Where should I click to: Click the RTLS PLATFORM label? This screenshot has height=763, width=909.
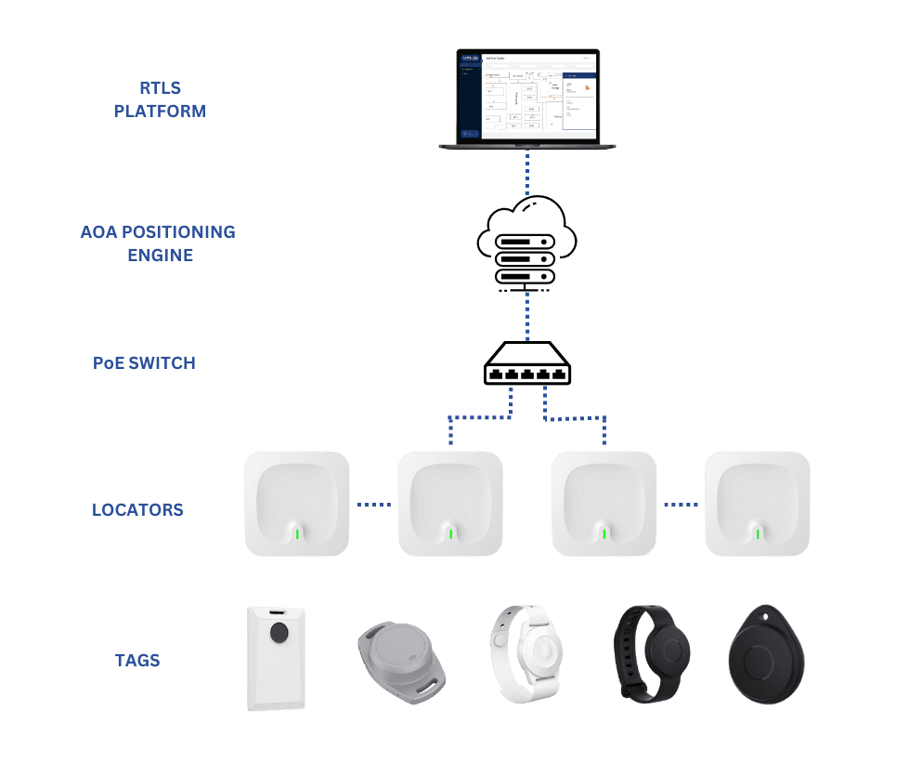(160, 99)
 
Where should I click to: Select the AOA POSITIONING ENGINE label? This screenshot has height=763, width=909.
(158, 242)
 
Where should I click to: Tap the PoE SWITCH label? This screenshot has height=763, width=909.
(145, 362)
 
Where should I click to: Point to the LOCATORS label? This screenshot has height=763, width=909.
(137, 509)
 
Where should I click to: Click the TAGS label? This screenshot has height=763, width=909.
(137, 660)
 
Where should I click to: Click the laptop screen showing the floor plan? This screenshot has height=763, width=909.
(527, 95)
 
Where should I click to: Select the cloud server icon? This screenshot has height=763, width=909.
(526, 241)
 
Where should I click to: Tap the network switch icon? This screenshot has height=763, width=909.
(526, 365)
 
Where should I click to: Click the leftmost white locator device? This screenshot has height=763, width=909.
(297, 504)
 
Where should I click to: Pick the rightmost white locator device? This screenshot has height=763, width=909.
(758, 504)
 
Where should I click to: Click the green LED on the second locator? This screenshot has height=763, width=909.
(450, 533)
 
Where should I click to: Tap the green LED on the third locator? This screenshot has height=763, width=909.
(604, 533)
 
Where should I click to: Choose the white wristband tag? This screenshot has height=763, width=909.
(525, 652)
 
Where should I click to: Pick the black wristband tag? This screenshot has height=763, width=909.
(655, 652)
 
